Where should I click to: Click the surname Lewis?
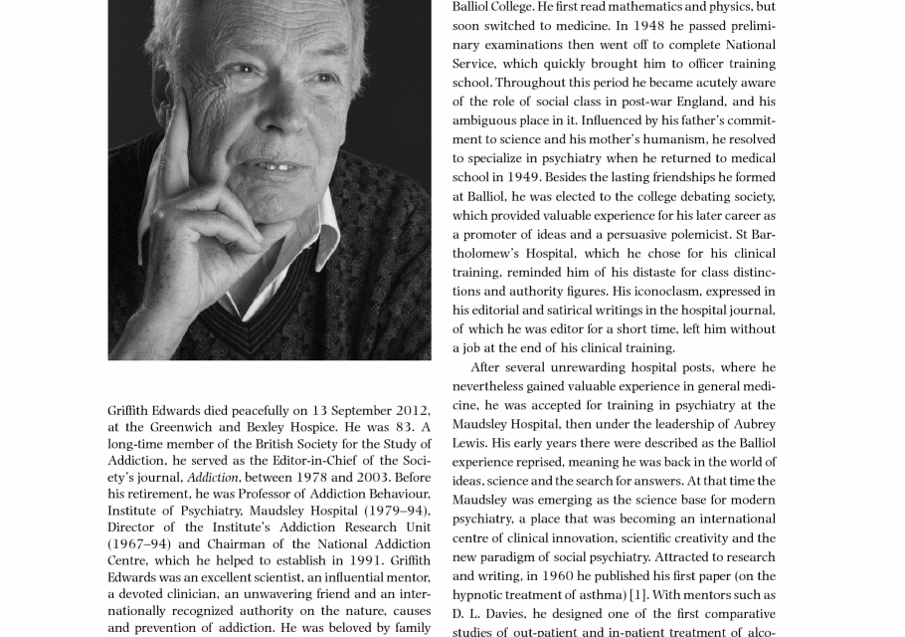(469, 443)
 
